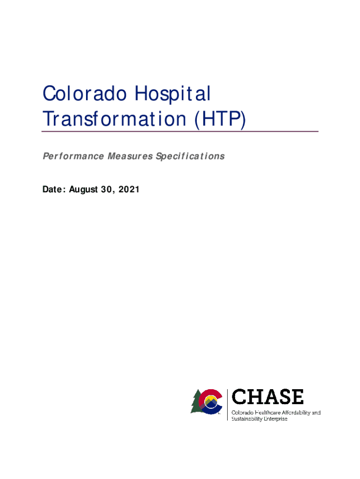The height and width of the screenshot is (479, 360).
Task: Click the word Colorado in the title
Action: [85, 93]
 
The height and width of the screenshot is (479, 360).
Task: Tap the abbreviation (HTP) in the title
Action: [220, 119]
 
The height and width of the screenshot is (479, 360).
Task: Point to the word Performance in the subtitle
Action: [73, 156]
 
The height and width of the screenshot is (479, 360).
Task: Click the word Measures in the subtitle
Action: [130, 156]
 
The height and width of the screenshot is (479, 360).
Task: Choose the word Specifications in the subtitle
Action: [190, 156]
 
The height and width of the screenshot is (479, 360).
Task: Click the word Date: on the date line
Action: [54, 189]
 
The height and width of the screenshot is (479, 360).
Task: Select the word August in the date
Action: [83, 190]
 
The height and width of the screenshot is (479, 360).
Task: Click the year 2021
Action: [129, 189]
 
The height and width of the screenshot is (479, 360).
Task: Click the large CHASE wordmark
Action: [267, 397]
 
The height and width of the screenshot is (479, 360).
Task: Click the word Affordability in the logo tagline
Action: [296, 413]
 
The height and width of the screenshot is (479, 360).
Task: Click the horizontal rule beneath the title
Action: [180, 131]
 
